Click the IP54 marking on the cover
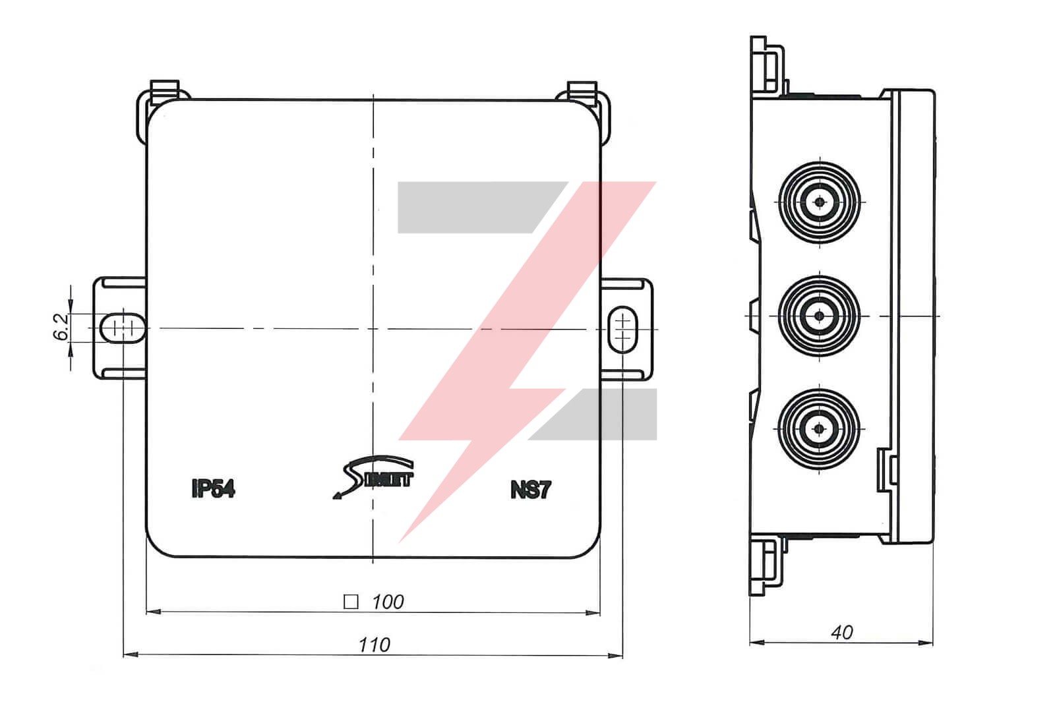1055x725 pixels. pyautogui.click(x=213, y=489)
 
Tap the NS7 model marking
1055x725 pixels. pyautogui.click(x=530, y=490)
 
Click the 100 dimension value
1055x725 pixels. pyautogui.click(x=388, y=602)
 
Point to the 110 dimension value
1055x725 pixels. pyautogui.click(x=374, y=645)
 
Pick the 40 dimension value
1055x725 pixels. pyautogui.click(x=842, y=633)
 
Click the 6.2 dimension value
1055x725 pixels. pyautogui.click(x=61, y=326)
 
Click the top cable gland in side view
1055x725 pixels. pyautogui.click(x=819, y=202)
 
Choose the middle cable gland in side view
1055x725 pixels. pyautogui.click(x=819, y=316)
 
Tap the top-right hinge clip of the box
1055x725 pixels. pyautogui.click(x=582, y=92)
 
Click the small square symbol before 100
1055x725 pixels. pyautogui.click(x=351, y=602)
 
